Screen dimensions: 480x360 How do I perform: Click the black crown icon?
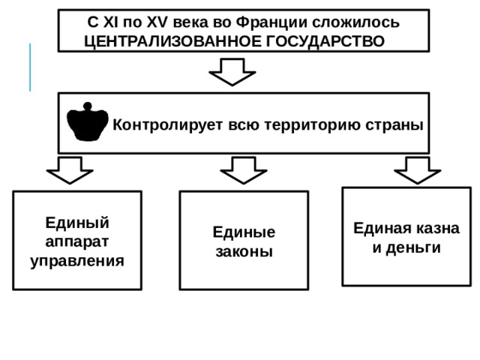88,122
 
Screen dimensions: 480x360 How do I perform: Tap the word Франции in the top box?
271,22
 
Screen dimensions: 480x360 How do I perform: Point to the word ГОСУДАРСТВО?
325,42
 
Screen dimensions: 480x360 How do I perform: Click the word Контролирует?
168,125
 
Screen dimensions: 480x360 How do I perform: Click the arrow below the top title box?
232,72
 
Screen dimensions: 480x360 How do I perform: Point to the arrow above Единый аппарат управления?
70,170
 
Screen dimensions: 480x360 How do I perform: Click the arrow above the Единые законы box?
244,170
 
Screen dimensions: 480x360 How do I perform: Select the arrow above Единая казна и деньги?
418,170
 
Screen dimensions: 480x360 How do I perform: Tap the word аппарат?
76,242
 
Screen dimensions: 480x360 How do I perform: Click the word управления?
77,262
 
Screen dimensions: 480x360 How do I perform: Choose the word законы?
244,252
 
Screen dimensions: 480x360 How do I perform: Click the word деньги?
413,248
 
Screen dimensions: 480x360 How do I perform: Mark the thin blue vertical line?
30,67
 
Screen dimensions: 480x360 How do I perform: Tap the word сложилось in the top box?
355,22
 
